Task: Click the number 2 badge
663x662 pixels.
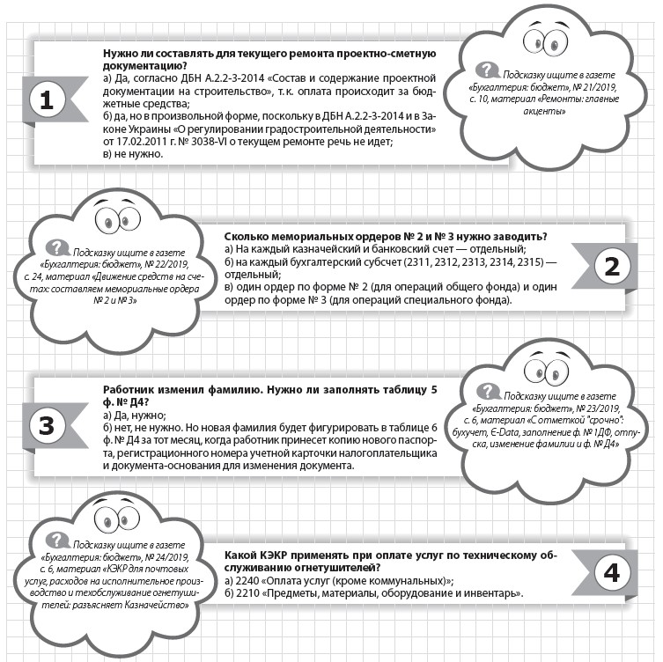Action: (612, 265)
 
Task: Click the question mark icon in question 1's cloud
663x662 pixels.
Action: (483, 70)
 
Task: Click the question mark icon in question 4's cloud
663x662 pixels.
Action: (58, 539)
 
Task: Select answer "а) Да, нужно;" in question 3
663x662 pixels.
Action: (134, 414)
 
